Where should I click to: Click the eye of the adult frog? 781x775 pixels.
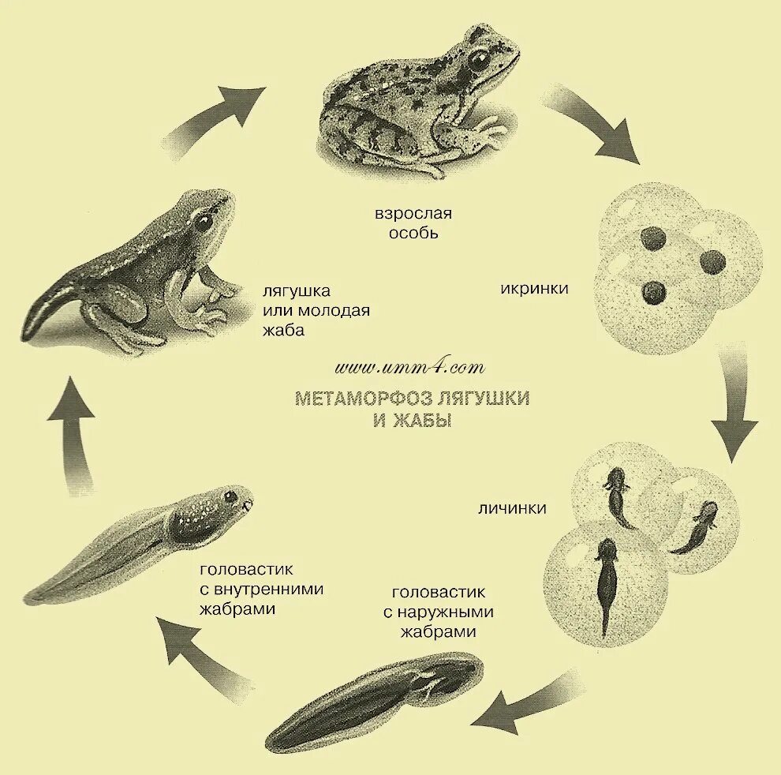click(477, 59)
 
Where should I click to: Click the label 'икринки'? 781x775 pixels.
click(534, 288)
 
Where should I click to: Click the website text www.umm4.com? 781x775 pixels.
click(409, 368)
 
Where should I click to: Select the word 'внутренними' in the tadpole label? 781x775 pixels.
click(276, 589)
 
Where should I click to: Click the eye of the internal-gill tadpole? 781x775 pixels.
click(230, 496)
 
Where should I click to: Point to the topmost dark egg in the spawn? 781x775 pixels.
click(653, 238)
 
